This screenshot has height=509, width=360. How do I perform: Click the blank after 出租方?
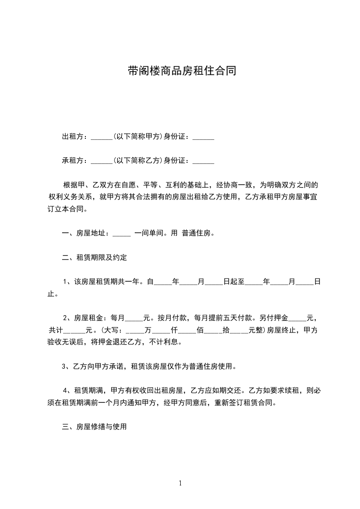[x=101, y=137]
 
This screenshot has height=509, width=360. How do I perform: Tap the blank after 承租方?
[x=101, y=161]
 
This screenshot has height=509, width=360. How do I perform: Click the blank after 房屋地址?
[x=121, y=234]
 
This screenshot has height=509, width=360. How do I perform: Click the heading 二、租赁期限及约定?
[x=94, y=258]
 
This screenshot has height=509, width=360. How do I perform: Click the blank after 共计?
[x=75, y=331]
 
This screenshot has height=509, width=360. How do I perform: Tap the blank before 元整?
[x=239, y=331]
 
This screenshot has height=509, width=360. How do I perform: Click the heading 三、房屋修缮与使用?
[x=94, y=427]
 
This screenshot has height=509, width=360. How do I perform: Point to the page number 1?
[x=180, y=483]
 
